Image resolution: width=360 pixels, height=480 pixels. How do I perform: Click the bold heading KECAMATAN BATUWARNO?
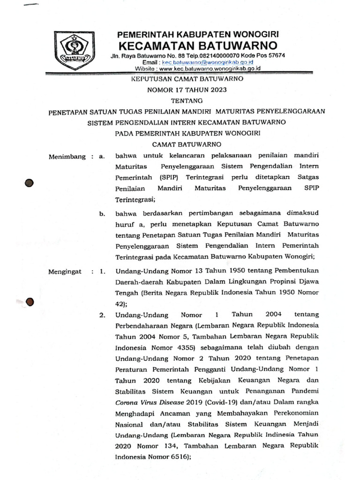click(197, 45)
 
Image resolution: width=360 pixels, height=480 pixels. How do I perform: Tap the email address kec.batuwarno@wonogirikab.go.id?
click(207, 62)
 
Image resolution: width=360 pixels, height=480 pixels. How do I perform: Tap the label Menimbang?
click(67, 157)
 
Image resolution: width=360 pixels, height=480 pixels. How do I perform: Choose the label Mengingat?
click(65, 271)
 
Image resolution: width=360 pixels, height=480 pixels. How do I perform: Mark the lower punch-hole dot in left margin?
click(30, 303)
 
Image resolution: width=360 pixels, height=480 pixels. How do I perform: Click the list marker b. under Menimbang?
click(102, 214)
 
